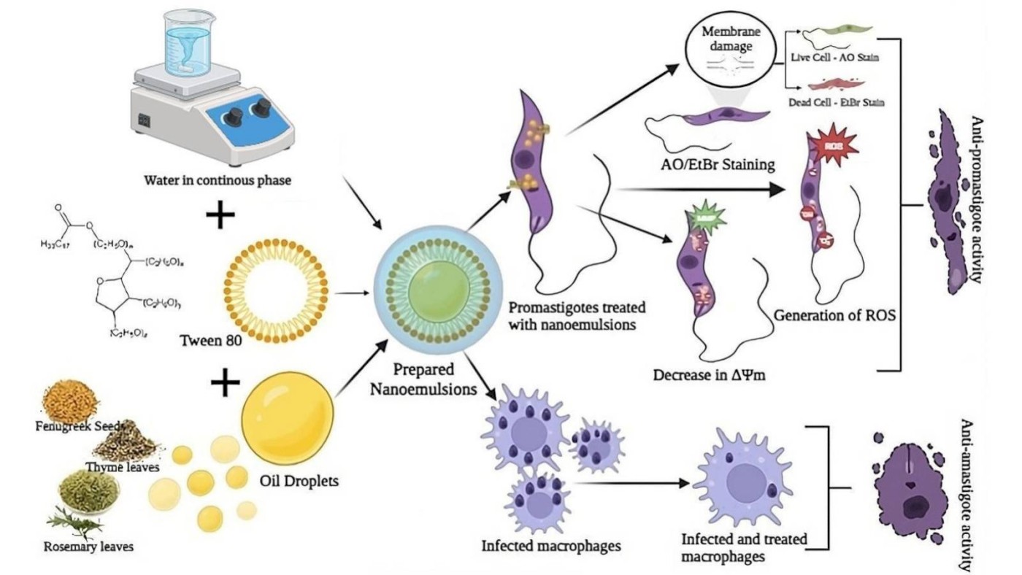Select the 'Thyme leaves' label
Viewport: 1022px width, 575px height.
coord(123,467)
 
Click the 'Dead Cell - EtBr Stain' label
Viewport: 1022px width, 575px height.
coord(837,103)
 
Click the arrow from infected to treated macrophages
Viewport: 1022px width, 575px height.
coord(631,483)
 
